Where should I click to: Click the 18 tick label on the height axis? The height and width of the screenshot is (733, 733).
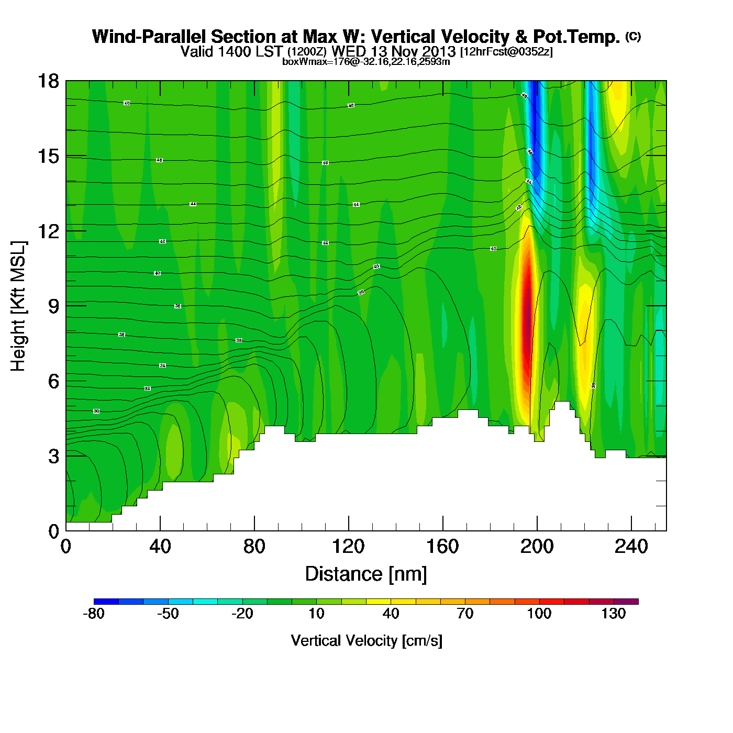(48, 81)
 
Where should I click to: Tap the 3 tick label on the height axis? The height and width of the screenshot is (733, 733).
(54, 457)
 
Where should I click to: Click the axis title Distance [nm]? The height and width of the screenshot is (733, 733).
(366, 574)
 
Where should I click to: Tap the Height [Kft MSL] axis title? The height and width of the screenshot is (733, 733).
(18, 306)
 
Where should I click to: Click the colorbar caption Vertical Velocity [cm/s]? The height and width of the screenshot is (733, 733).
(366, 641)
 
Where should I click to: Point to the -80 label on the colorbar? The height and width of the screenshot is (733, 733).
(94, 614)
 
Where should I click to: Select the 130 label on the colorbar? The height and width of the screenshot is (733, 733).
(614, 614)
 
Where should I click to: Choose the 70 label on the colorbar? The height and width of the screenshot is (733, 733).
(465, 614)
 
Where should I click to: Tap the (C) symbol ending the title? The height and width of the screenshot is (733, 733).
(633, 37)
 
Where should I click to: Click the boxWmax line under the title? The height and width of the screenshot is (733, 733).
(366, 62)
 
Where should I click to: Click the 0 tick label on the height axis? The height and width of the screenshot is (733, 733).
(54, 531)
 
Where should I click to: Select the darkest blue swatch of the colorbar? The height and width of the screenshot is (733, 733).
(106, 602)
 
